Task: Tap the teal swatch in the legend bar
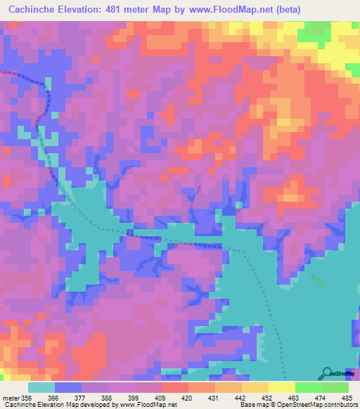41,387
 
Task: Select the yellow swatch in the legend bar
281,387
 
